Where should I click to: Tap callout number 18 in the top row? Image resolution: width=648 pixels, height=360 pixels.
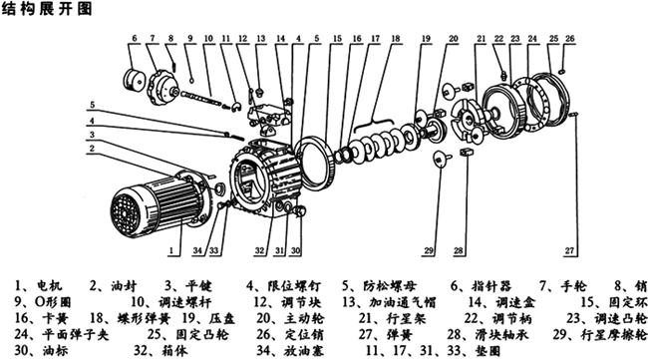[x=396, y=38]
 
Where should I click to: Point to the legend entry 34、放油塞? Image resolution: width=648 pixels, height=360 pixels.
[x=281, y=351]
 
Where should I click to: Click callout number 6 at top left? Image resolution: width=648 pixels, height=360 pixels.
[x=133, y=38]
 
